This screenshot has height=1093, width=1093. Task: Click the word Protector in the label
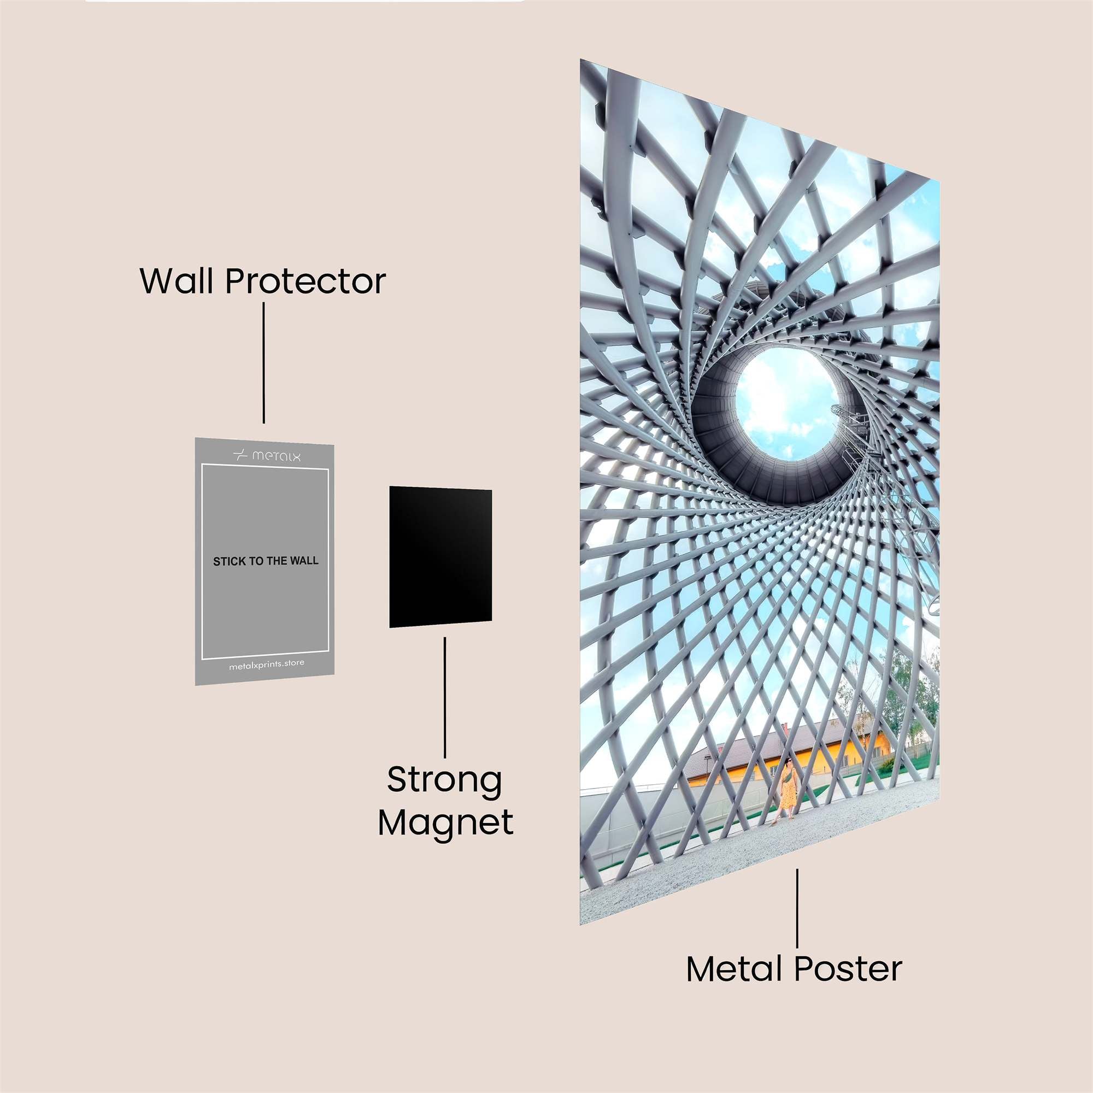305,281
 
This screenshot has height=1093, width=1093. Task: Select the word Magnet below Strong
446,822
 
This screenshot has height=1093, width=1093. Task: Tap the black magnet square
440,557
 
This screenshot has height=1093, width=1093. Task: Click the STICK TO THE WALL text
266,561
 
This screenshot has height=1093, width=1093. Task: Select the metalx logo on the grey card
267,455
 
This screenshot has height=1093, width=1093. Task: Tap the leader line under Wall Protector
263,363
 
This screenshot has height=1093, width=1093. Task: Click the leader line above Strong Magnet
445,697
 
